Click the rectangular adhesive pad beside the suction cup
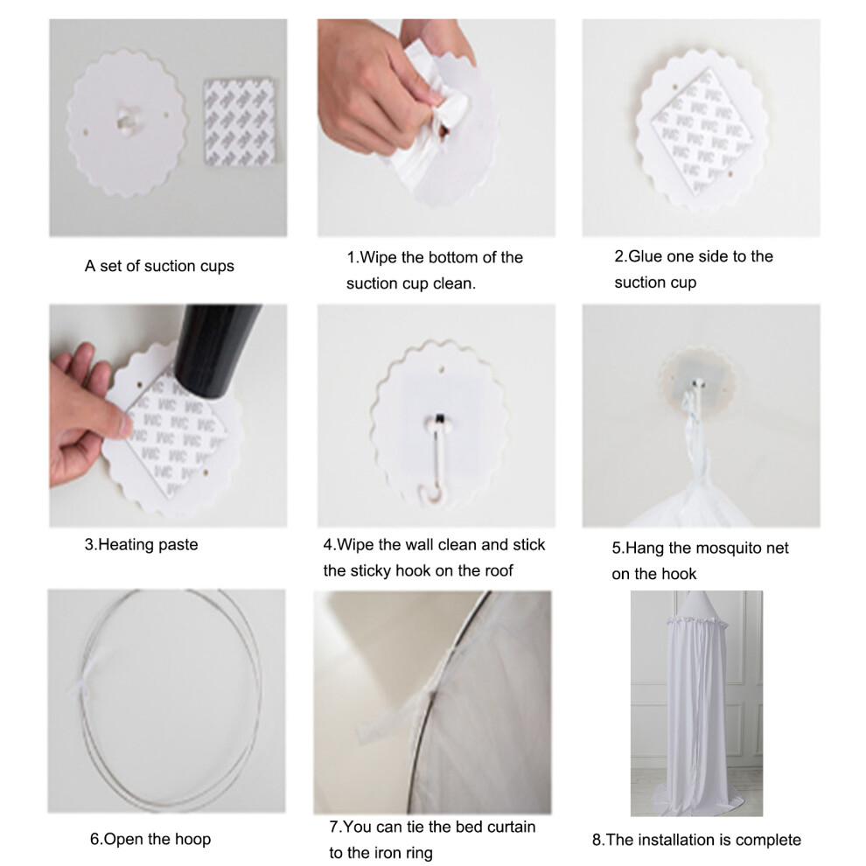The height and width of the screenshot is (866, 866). (239, 122)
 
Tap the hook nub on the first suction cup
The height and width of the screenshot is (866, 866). (127, 120)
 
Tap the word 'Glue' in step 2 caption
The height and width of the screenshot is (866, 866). (646, 256)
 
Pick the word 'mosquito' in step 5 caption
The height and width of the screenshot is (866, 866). (728, 548)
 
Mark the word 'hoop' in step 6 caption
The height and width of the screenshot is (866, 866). (193, 840)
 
